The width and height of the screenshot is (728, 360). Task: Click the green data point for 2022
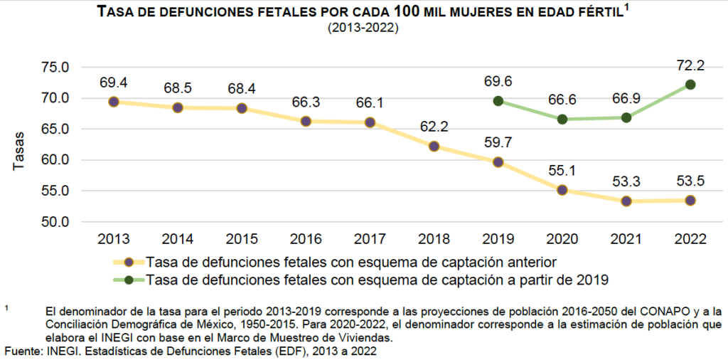click(690, 85)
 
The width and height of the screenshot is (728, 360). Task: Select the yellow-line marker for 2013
click(114, 102)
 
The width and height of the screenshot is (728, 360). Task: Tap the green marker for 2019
click(498, 101)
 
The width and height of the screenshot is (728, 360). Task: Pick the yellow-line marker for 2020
click(562, 190)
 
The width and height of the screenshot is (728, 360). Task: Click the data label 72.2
click(690, 66)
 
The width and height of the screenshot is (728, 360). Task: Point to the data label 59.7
click(498, 144)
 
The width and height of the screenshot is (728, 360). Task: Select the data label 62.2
click(434, 128)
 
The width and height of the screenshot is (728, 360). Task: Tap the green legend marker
click(128, 280)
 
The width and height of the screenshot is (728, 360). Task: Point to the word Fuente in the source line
click(23, 351)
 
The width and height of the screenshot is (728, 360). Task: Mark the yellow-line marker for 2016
click(306, 121)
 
